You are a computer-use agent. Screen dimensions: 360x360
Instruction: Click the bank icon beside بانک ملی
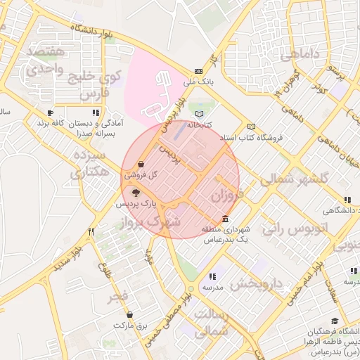pyautogui.click(x=198, y=71)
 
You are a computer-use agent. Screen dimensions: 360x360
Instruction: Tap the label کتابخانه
pyautogui.click(x=198, y=124)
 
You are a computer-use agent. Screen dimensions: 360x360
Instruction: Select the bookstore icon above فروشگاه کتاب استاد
pyautogui.click(x=251, y=127)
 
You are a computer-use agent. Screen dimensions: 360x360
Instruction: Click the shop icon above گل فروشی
pyautogui.click(x=141, y=163)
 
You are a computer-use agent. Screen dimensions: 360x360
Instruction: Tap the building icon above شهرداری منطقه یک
pyautogui.click(x=224, y=219)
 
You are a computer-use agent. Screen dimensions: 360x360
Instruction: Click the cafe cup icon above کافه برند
pyautogui.click(x=50, y=112)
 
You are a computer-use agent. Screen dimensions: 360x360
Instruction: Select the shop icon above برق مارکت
pyautogui.click(x=129, y=314)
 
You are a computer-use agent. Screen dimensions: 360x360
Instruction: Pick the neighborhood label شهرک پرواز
pyautogui.click(x=150, y=222)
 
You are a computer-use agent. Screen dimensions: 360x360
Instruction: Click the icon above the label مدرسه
pyautogui.click(x=212, y=276)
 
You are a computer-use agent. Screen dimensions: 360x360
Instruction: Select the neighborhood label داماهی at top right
pyautogui.click(x=300, y=55)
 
